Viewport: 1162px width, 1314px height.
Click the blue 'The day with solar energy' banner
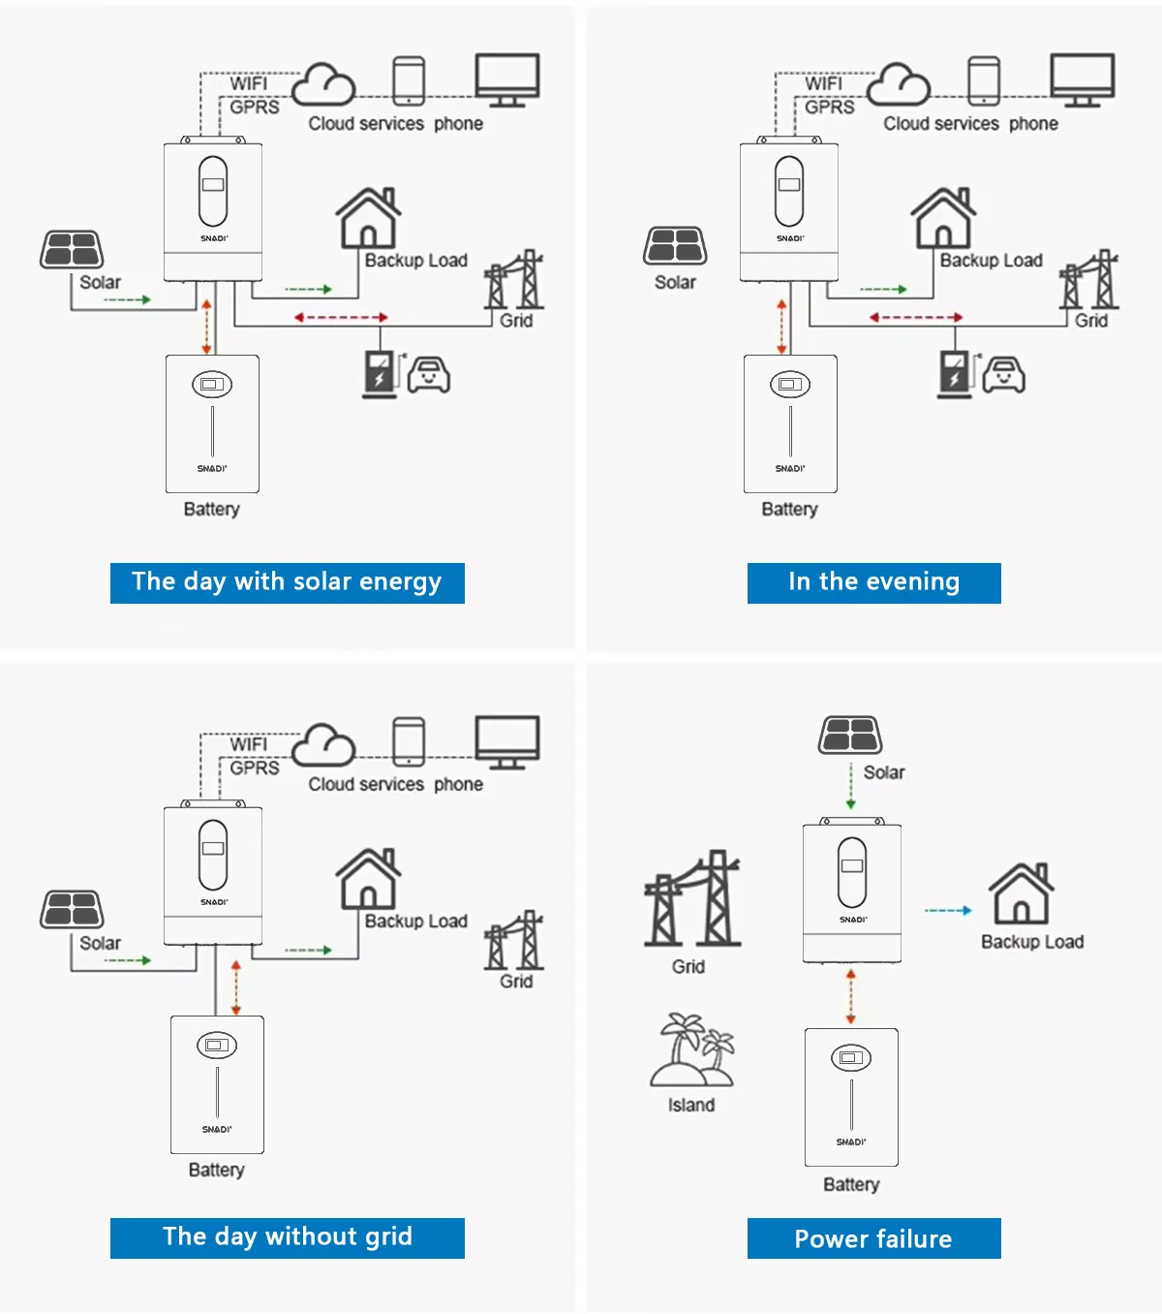pos(287,582)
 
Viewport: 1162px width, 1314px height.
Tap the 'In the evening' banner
pos(873,582)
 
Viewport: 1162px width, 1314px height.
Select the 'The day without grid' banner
pos(287,1237)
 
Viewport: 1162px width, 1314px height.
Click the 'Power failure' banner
pos(873,1238)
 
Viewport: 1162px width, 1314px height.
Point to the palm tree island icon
pos(692,1051)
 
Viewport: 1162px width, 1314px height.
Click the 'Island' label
pos(691,1106)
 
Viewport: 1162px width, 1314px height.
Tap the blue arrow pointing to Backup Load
pos(948,911)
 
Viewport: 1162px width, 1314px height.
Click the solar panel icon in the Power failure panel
pos(850,735)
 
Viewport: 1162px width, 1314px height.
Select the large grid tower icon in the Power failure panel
pos(692,899)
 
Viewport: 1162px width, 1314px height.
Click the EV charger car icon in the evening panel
pos(1003,374)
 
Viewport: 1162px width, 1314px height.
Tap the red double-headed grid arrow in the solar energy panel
pos(341,317)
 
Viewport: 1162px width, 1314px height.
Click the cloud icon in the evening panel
pos(899,85)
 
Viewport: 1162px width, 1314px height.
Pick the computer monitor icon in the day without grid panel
pos(507,742)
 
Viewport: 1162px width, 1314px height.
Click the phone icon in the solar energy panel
pos(409,80)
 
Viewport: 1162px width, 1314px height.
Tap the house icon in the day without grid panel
pos(368,878)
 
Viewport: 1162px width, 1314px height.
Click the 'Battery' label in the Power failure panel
pos(851,1184)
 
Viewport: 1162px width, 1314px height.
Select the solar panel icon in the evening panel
pos(675,247)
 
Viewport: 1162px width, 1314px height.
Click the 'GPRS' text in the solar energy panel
pos(255,107)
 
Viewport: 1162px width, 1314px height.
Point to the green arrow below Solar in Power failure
pos(850,787)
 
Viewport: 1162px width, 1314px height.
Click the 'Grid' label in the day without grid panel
pos(516,982)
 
